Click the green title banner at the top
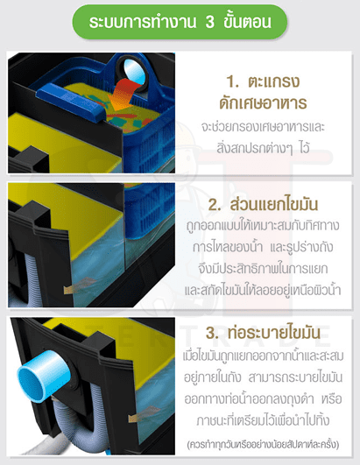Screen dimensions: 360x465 180,22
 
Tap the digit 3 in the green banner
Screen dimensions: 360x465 209,22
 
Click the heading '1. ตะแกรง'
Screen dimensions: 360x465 263,81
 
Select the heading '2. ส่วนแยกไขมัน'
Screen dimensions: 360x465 263,204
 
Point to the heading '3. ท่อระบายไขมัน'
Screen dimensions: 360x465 263,333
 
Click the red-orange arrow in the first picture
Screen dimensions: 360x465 123,95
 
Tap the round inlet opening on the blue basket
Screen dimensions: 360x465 133,72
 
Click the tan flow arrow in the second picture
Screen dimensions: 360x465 80,285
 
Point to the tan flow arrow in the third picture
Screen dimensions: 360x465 145,414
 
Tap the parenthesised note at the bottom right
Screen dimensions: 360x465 263,445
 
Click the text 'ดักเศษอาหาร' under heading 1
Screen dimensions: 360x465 263,102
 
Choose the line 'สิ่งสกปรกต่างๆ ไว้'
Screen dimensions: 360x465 263,148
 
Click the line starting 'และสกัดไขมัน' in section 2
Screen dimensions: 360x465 263,290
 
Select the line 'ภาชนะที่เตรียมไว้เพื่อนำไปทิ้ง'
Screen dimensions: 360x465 263,420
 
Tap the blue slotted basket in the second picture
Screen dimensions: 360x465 150,210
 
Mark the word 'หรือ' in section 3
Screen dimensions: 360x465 331,398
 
